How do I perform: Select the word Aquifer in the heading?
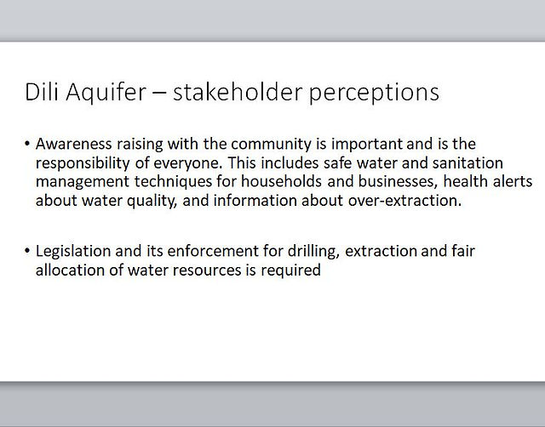point(106,93)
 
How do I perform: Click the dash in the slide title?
point(159,93)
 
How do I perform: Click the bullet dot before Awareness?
point(27,144)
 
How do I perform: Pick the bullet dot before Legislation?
point(27,251)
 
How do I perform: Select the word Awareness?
point(74,144)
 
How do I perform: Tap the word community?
point(271,145)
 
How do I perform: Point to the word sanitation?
point(468,162)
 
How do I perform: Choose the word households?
point(281,181)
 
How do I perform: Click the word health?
point(463,181)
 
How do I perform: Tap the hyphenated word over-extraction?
point(405,201)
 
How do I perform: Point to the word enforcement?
point(213,251)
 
